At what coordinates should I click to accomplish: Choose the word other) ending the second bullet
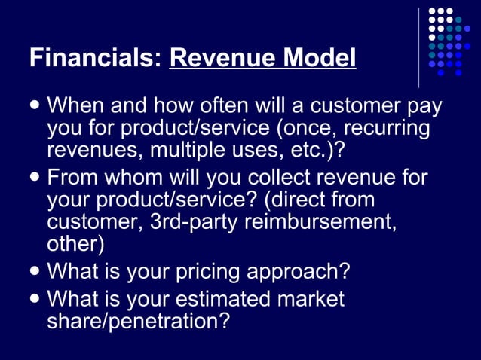point(75,245)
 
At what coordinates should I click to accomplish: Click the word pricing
point(224,270)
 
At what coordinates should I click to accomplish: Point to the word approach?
point(309,271)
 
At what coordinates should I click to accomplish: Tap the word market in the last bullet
point(310,299)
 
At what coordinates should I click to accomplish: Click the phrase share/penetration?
point(139,321)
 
